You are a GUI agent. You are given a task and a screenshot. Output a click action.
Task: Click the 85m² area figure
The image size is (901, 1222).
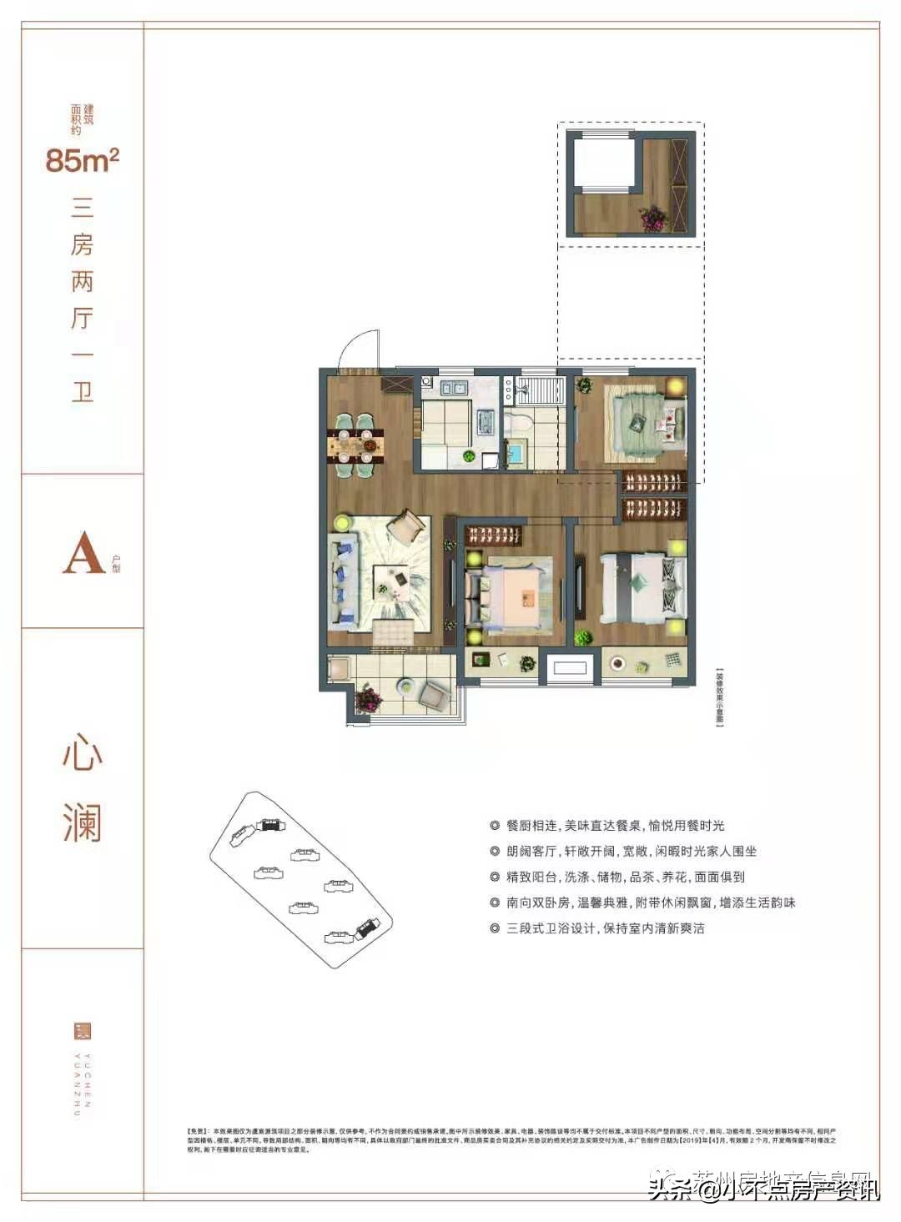(x=82, y=159)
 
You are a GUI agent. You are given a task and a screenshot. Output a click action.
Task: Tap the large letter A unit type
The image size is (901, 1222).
(x=83, y=553)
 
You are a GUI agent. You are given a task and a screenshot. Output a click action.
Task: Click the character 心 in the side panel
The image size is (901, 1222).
(x=82, y=754)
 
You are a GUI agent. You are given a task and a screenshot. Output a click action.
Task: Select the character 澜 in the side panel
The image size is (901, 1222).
(x=82, y=822)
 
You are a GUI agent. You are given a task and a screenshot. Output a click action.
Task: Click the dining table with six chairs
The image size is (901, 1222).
(x=355, y=445)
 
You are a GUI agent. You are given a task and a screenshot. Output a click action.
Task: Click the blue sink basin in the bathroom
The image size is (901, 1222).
(x=516, y=455)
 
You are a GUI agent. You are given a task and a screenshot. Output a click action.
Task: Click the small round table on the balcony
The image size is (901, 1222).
(x=405, y=684)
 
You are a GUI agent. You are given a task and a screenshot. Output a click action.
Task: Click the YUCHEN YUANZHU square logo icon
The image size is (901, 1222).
(x=82, y=1031)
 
